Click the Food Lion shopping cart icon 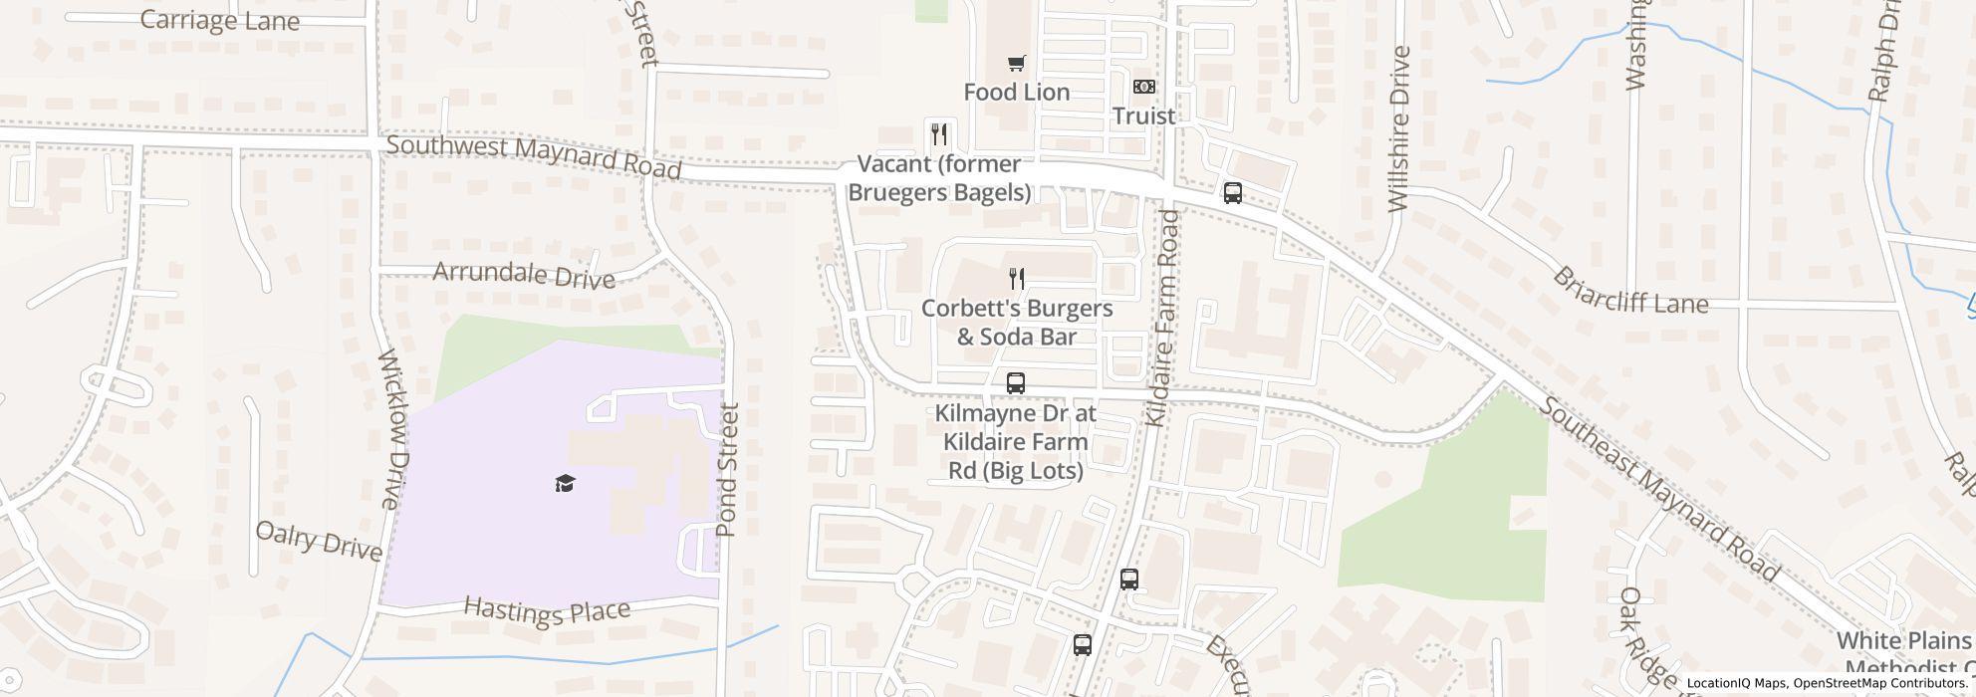[1016, 65]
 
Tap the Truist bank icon [1144, 88]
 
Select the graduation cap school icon [565, 484]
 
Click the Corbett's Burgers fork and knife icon [1016, 278]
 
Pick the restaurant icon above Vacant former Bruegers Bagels [938, 133]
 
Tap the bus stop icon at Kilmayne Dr [1015, 382]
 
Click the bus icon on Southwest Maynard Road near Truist [1232, 193]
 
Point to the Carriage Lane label [219, 20]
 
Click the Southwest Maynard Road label [533, 157]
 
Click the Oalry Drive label [319, 540]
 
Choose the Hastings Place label [547, 610]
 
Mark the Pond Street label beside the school [728, 470]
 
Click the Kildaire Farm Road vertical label [1162, 319]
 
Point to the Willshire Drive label [1399, 129]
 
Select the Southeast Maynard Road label [1658, 489]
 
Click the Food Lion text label [1016, 93]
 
